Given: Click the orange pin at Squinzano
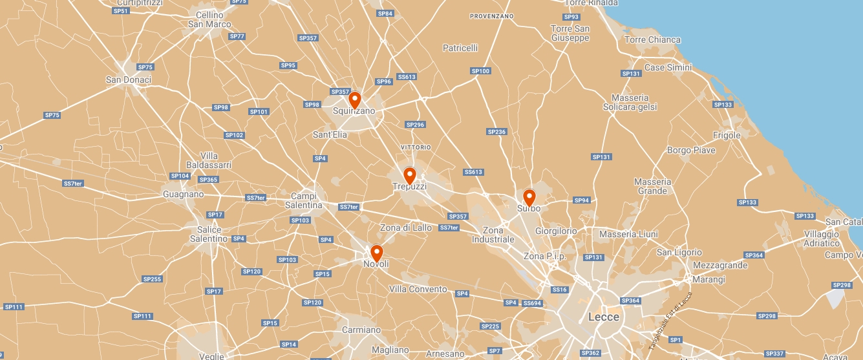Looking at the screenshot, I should click(x=354, y=101).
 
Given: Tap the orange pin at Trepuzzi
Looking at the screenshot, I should click(x=409, y=175).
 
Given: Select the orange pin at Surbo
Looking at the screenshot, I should click(x=529, y=197).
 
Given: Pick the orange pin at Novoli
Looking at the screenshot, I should click(x=376, y=253).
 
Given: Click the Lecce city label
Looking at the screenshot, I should click(x=603, y=317).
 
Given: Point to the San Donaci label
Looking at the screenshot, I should click(x=128, y=79).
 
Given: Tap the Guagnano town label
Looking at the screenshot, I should click(x=183, y=194).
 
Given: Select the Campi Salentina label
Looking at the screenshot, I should click(x=304, y=200).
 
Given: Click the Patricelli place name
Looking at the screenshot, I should click(x=460, y=48).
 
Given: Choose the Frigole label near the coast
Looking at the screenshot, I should click(x=727, y=135).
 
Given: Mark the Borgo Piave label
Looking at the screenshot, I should click(x=691, y=151).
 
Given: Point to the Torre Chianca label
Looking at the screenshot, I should click(x=652, y=39).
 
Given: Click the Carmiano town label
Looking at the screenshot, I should click(x=361, y=330).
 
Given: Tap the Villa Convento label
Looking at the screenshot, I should click(x=418, y=289).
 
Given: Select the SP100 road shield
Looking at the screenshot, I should click(x=480, y=71).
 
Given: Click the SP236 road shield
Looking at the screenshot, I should click(x=496, y=132).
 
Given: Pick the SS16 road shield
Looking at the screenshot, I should click(x=560, y=290).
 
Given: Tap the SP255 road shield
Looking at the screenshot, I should click(x=152, y=279).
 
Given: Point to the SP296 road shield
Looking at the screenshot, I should click(x=415, y=125).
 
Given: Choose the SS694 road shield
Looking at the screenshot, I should click(x=532, y=303).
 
